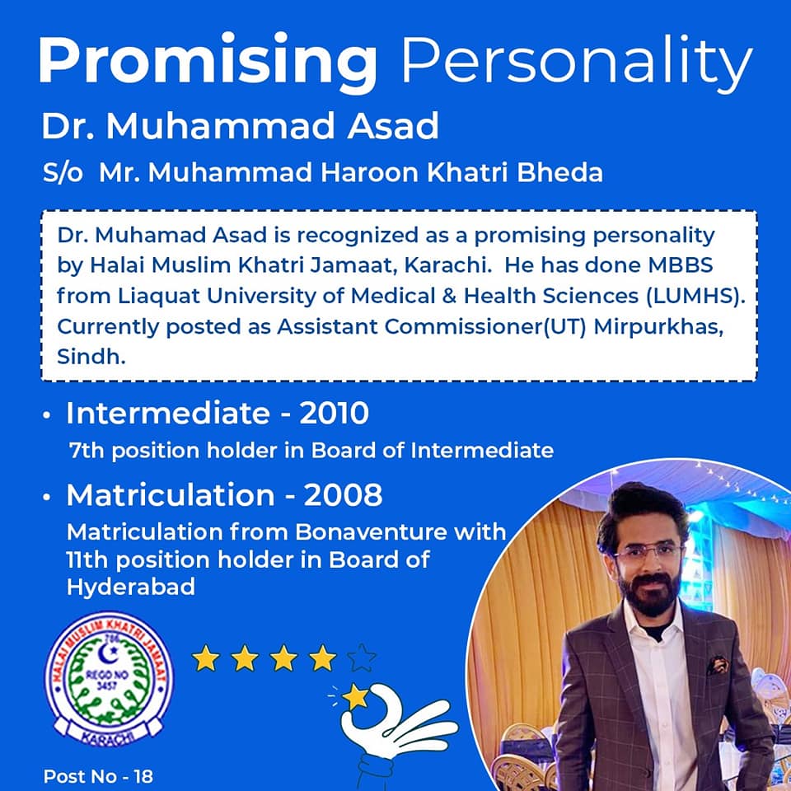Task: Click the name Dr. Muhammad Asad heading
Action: pyautogui.click(x=241, y=127)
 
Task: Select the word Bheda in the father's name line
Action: pyautogui.click(x=568, y=173)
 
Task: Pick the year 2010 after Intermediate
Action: pyautogui.click(x=334, y=414)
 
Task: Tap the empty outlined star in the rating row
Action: pyautogui.click(x=362, y=658)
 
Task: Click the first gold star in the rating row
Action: pyautogui.click(x=206, y=658)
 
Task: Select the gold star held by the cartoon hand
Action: pyautogui.click(x=356, y=698)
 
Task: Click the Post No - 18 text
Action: pyautogui.click(x=98, y=776)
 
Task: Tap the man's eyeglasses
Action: pyautogui.click(x=649, y=553)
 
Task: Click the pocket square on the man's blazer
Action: pyautogui.click(x=717, y=664)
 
